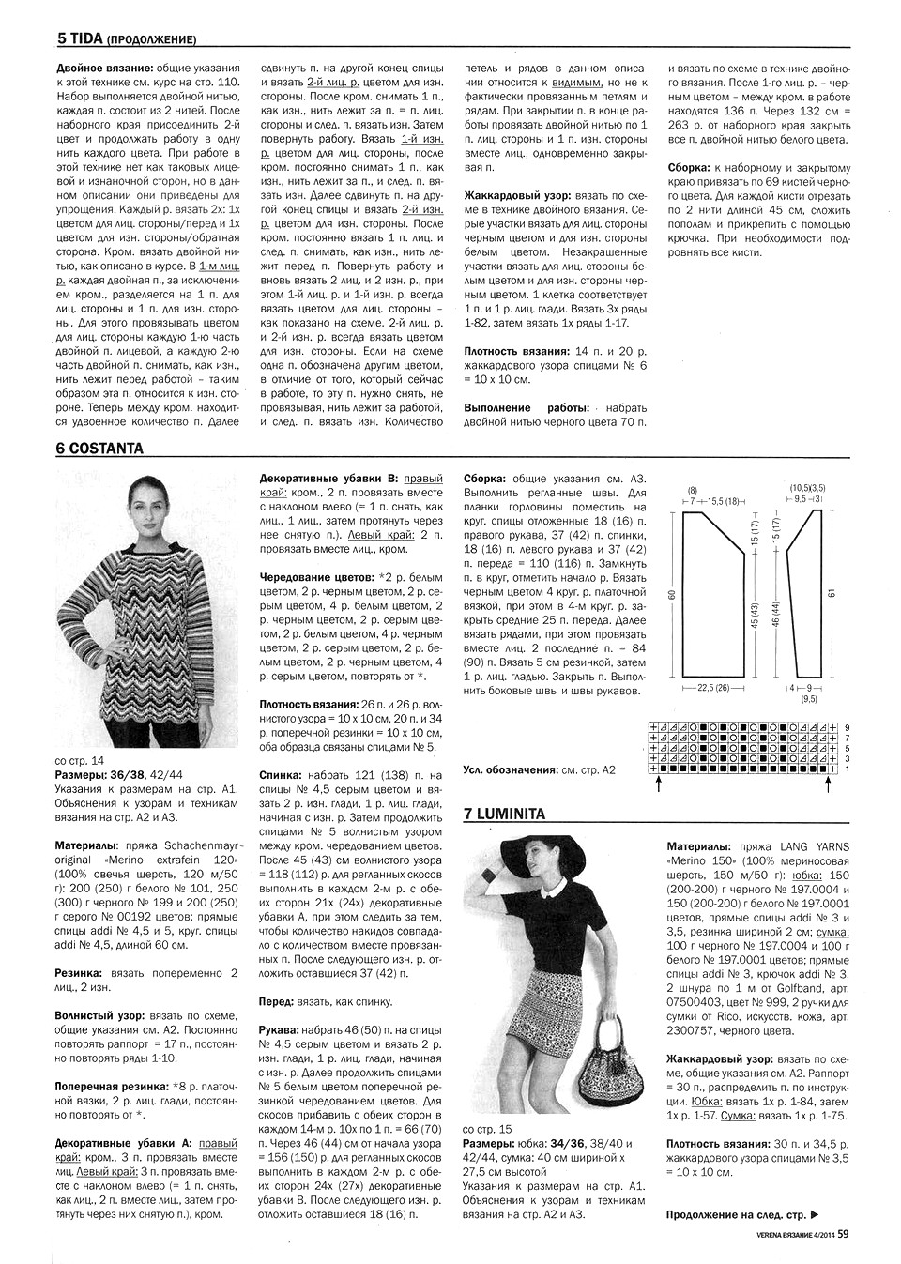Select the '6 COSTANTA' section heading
(x=99, y=449)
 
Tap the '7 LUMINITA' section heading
(x=504, y=815)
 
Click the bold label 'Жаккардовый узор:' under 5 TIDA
(x=518, y=195)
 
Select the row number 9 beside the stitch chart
(x=848, y=727)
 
